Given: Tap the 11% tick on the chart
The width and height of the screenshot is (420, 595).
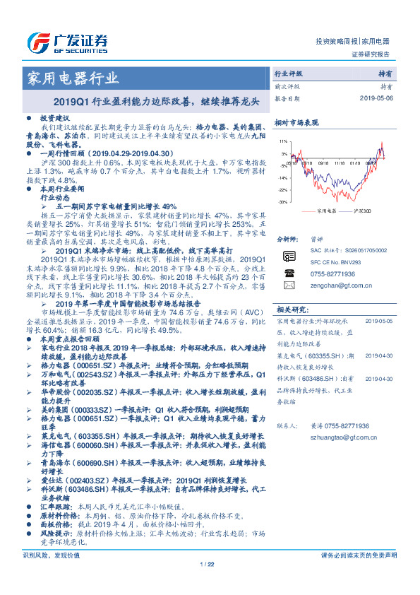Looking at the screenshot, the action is point(283,141).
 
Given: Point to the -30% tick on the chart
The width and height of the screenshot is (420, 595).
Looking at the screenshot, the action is point(282,201).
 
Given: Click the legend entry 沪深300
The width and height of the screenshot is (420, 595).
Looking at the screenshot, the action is point(360,211).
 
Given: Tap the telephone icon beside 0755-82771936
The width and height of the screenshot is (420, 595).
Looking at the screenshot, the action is point(289,273).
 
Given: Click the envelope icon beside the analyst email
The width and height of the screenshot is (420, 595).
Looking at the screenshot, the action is point(289,285).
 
